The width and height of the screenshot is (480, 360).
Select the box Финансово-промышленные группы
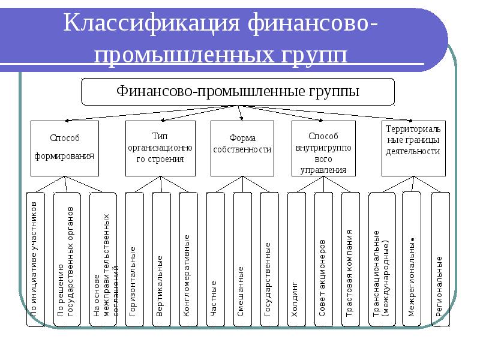coord(238,92)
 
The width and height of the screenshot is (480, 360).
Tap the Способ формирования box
coord(64,148)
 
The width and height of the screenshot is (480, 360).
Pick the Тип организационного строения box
coord(160,148)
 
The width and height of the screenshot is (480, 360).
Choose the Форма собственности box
coord(242,148)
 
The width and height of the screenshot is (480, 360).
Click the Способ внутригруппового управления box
coord(323,148)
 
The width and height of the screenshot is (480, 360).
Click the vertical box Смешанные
coord(241,259)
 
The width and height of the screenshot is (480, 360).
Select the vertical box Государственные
coord(269,259)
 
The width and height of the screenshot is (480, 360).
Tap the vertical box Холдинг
coord(295,259)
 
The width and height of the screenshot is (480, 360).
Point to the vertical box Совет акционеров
coord(323,259)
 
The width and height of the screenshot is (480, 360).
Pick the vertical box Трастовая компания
coord(350,259)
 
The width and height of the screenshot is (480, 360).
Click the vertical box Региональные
coord(439,259)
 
